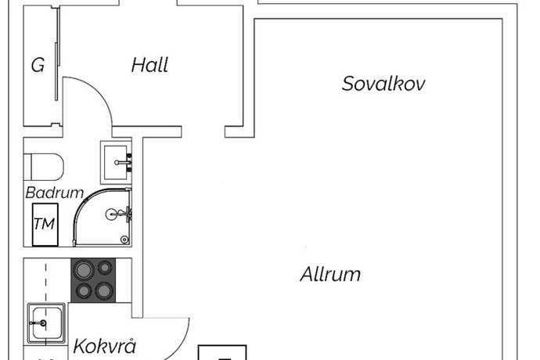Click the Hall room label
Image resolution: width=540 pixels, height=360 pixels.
tap(149, 65)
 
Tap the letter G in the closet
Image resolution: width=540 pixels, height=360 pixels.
tap(38, 66)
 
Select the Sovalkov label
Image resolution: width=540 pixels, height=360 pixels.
tap(383, 84)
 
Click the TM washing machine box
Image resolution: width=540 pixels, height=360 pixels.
tap(44, 223)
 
